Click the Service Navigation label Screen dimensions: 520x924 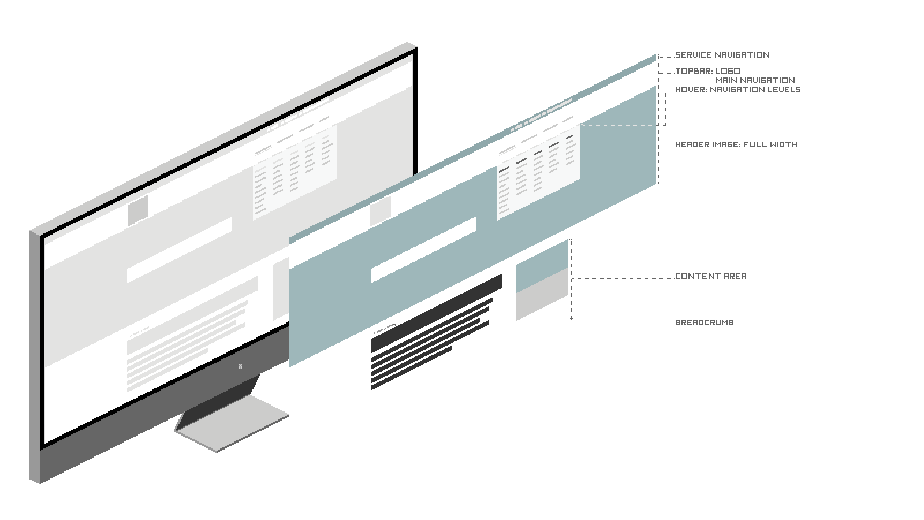point(722,55)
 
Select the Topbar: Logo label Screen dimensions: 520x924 point(707,71)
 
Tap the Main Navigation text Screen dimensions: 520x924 point(755,80)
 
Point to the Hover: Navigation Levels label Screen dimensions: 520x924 point(737,90)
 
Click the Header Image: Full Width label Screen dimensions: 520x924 point(736,144)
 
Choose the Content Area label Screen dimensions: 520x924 point(710,276)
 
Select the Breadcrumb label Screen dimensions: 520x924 point(704,322)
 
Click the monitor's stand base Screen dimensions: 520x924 point(231,428)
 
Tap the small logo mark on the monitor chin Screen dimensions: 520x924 point(240,366)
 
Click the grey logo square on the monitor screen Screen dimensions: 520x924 point(138,209)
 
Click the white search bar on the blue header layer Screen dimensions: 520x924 point(423,250)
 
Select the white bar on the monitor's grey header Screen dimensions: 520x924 point(179,250)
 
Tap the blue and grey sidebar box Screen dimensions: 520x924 point(542,280)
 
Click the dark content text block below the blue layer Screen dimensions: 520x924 point(430,341)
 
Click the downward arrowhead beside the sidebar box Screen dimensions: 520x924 point(571,318)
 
